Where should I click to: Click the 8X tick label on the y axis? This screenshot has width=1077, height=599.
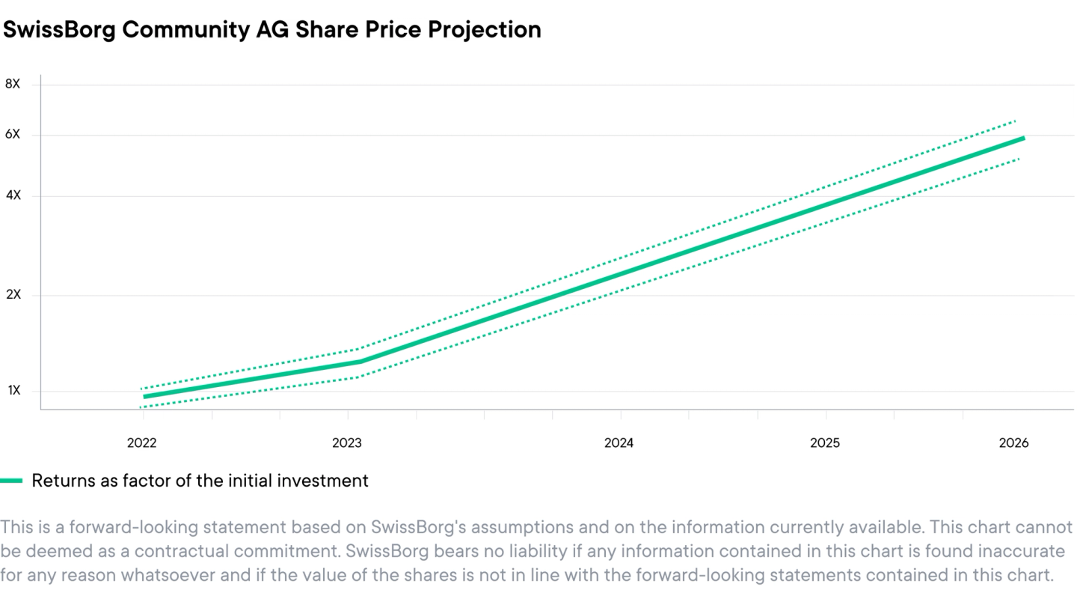pyautogui.click(x=13, y=84)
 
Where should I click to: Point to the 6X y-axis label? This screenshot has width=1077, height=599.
pyautogui.click(x=13, y=135)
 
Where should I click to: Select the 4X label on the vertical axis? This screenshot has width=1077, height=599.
pyautogui.click(x=13, y=195)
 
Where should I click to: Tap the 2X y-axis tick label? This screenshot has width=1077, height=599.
pyautogui.click(x=13, y=295)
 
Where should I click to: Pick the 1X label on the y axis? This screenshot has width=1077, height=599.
pyautogui.click(x=13, y=391)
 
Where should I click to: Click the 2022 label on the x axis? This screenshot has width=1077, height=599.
pyautogui.click(x=141, y=443)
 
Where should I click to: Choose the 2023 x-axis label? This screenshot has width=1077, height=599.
pyautogui.click(x=347, y=443)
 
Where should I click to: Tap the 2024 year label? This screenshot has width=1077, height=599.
pyautogui.click(x=619, y=443)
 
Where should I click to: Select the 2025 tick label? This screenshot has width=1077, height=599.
pyautogui.click(x=825, y=443)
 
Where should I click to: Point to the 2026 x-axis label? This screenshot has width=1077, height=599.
pyautogui.click(x=1013, y=443)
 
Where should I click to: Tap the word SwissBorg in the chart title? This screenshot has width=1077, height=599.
pyautogui.click(x=59, y=30)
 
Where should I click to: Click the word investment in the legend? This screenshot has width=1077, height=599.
pyautogui.click(x=323, y=481)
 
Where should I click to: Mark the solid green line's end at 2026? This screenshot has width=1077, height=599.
pyautogui.click(x=1022, y=139)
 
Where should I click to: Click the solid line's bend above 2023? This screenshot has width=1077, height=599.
pyautogui.click(x=360, y=362)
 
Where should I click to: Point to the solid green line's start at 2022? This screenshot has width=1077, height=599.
pyautogui.click(x=144, y=397)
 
